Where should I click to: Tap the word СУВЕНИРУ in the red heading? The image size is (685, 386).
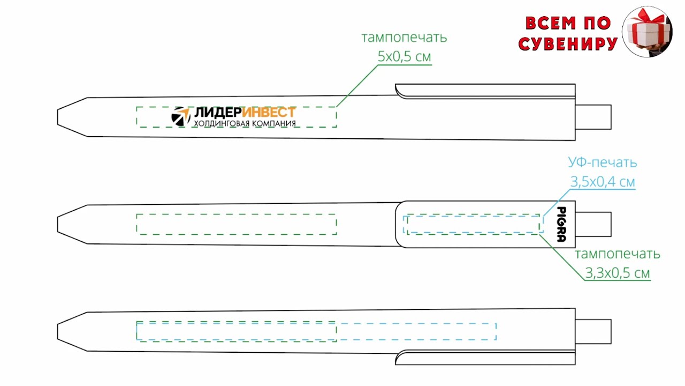(568, 44)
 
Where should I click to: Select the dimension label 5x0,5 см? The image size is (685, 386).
(404, 56)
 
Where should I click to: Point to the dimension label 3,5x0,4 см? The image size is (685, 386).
(603, 182)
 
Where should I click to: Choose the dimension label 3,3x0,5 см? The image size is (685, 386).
(618, 273)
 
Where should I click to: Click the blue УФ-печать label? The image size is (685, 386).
(602, 162)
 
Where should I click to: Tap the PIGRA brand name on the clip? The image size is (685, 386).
(561, 225)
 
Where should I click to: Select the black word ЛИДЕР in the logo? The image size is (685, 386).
(217, 112)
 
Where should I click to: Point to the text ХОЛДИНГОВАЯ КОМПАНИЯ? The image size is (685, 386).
(245, 124)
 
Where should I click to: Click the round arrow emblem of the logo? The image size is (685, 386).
(181, 116)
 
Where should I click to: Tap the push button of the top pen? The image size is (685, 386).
(593, 117)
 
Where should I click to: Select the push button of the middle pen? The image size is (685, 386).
(593, 224)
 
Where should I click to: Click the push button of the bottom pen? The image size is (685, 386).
(593, 331)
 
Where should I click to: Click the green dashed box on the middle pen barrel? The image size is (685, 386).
(236, 224)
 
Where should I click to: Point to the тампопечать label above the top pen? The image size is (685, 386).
(404, 38)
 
